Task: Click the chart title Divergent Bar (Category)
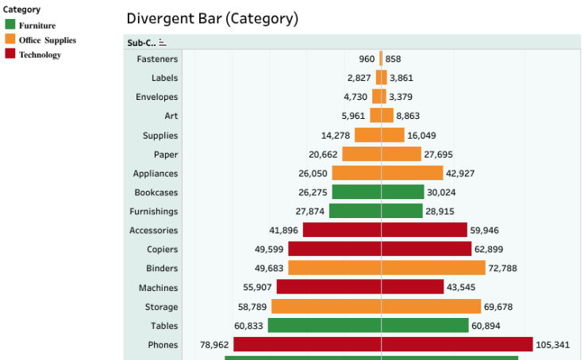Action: pyautogui.click(x=212, y=18)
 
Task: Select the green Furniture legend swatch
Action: pyautogui.click(x=10, y=25)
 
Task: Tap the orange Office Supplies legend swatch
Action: pyautogui.click(x=10, y=40)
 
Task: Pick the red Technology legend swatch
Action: pyautogui.click(x=10, y=54)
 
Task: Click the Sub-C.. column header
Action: pyautogui.click(x=141, y=43)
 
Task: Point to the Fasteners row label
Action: pyautogui.click(x=157, y=59)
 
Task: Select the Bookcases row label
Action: pyautogui.click(x=156, y=193)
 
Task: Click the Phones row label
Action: pyautogui.click(x=163, y=345)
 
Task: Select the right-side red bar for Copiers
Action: pyautogui.click(x=426, y=249)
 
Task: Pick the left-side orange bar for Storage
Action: pyautogui.click(x=326, y=307)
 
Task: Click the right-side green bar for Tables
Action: pyautogui.click(x=425, y=326)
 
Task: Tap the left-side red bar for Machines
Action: pyautogui.click(x=328, y=287)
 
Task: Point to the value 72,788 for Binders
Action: pyautogui.click(x=502, y=269)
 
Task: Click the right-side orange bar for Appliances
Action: pyautogui.click(x=412, y=173)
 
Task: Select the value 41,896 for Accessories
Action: pyautogui.click(x=283, y=231)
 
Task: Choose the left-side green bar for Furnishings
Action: pyautogui.click(x=355, y=211)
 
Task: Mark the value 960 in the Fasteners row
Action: pyautogui.click(x=366, y=59)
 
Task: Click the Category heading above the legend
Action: pyautogui.click(x=21, y=10)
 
